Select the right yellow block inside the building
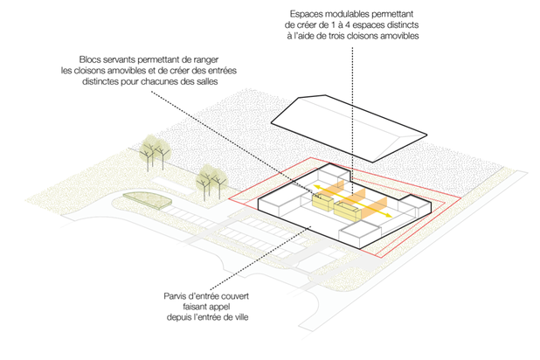(x=349, y=210)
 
